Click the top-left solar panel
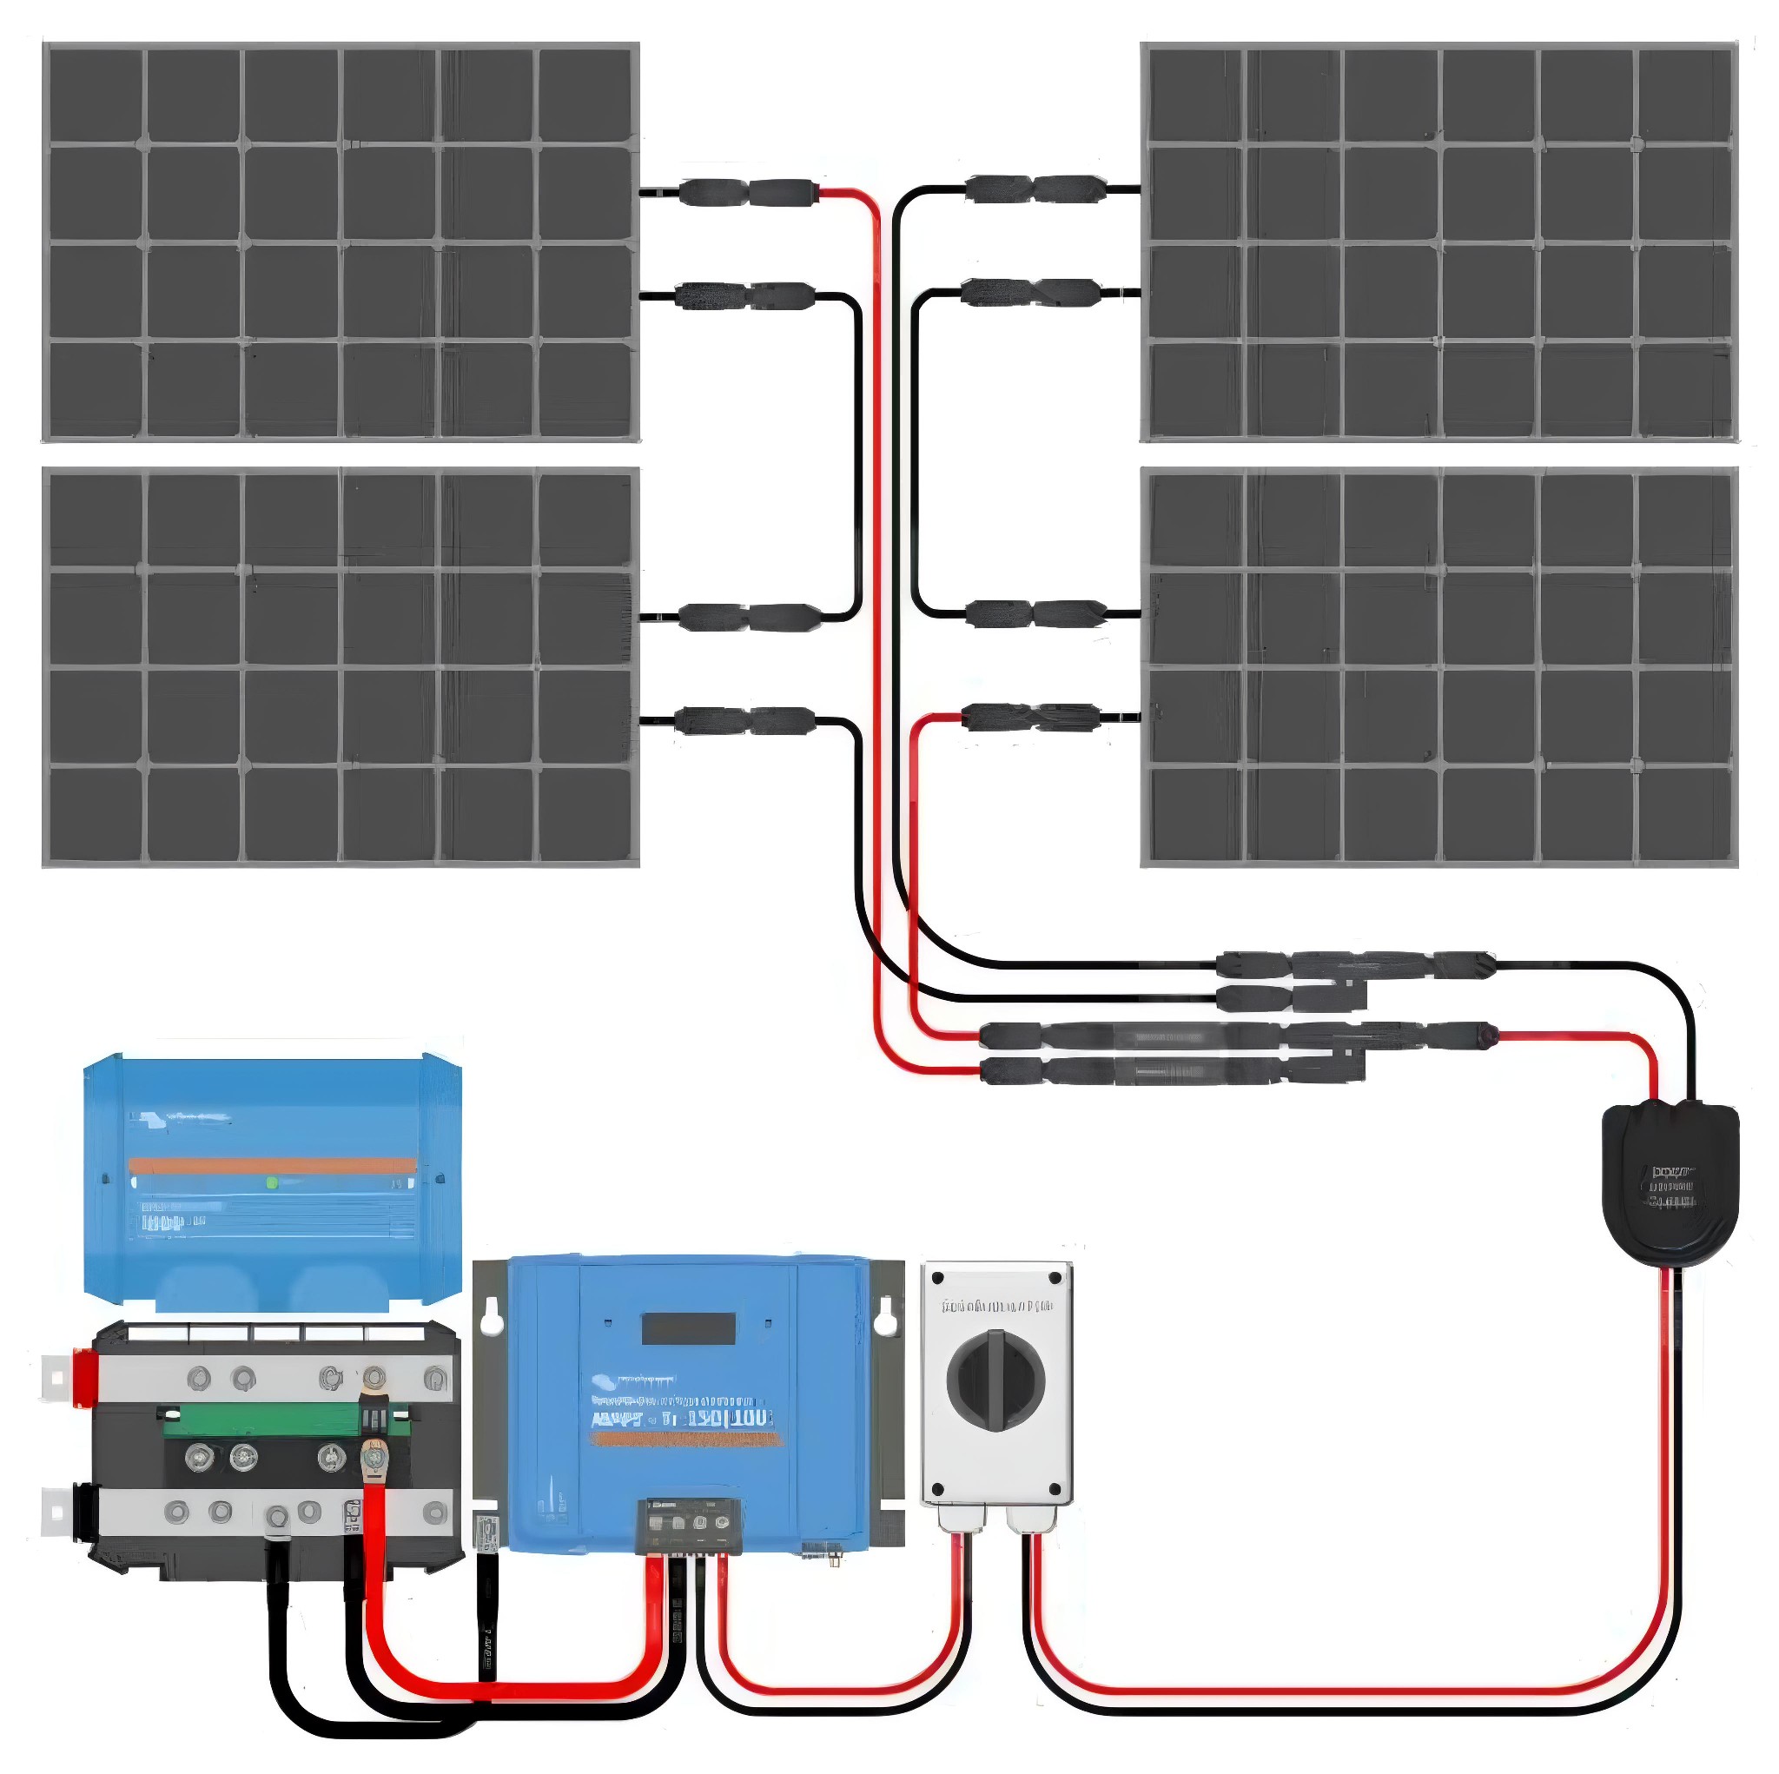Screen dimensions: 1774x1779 tap(341, 242)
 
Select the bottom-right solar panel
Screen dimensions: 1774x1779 tap(1438, 667)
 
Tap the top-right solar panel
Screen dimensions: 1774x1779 tap(1438, 242)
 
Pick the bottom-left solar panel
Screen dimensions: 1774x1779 tap(341, 667)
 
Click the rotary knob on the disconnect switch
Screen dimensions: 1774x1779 tap(996, 1379)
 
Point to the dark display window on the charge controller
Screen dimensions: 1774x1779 tap(688, 1328)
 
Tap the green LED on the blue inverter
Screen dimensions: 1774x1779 tap(272, 1182)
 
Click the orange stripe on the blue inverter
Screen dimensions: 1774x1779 tap(272, 1165)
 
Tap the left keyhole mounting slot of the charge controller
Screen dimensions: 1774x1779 tap(490, 1315)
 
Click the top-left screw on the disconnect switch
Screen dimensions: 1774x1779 tap(938, 1280)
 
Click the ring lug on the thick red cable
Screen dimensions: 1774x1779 tap(373, 1459)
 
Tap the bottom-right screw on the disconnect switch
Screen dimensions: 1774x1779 tap(1055, 1488)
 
